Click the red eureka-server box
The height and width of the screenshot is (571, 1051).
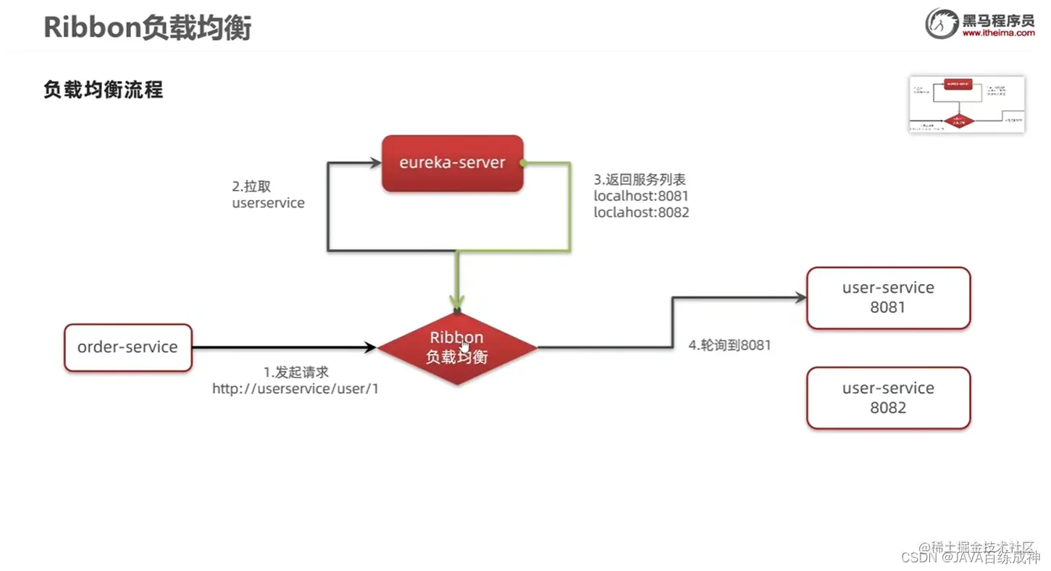[x=452, y=163]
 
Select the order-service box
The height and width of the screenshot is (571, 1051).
[x=127, y=347]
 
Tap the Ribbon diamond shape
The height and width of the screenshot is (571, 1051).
[x=456, y=348]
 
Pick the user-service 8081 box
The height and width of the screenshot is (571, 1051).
[x=888, y=297]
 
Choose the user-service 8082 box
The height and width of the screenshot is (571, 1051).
[x=888, y=398]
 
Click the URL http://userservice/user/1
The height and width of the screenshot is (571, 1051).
[x=296, y=389]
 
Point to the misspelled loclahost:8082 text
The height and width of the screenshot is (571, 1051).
[x=641, y=212]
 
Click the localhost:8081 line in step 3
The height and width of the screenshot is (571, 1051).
[x=641, y=196]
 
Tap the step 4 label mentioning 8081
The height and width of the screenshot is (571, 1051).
[x=729, y=346]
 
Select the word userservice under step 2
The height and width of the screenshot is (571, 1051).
[x=268, y=203]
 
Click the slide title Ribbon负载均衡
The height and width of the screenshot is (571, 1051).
[x=147, y=28]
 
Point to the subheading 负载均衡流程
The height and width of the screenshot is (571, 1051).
[x=103, y=90]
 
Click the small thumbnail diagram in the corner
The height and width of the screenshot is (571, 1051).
[x=966, y=104]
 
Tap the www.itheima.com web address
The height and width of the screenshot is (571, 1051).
[x=998, y=33]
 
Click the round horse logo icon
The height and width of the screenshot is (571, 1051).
[x=942, y=23]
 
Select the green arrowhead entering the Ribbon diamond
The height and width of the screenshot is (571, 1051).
[x=456, y=304]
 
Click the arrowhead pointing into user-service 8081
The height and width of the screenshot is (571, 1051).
[x=800, y=298]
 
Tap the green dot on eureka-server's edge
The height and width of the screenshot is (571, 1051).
[x=523, y=162]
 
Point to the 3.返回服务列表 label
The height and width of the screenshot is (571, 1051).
[x=640, y=179]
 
